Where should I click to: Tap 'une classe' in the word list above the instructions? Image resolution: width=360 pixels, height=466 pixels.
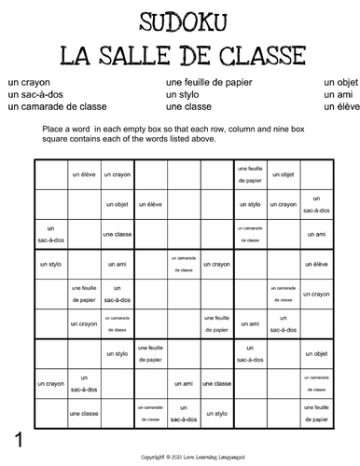pos(187,107)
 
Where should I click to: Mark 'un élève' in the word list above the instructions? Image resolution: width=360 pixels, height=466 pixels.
pos(339,107)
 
